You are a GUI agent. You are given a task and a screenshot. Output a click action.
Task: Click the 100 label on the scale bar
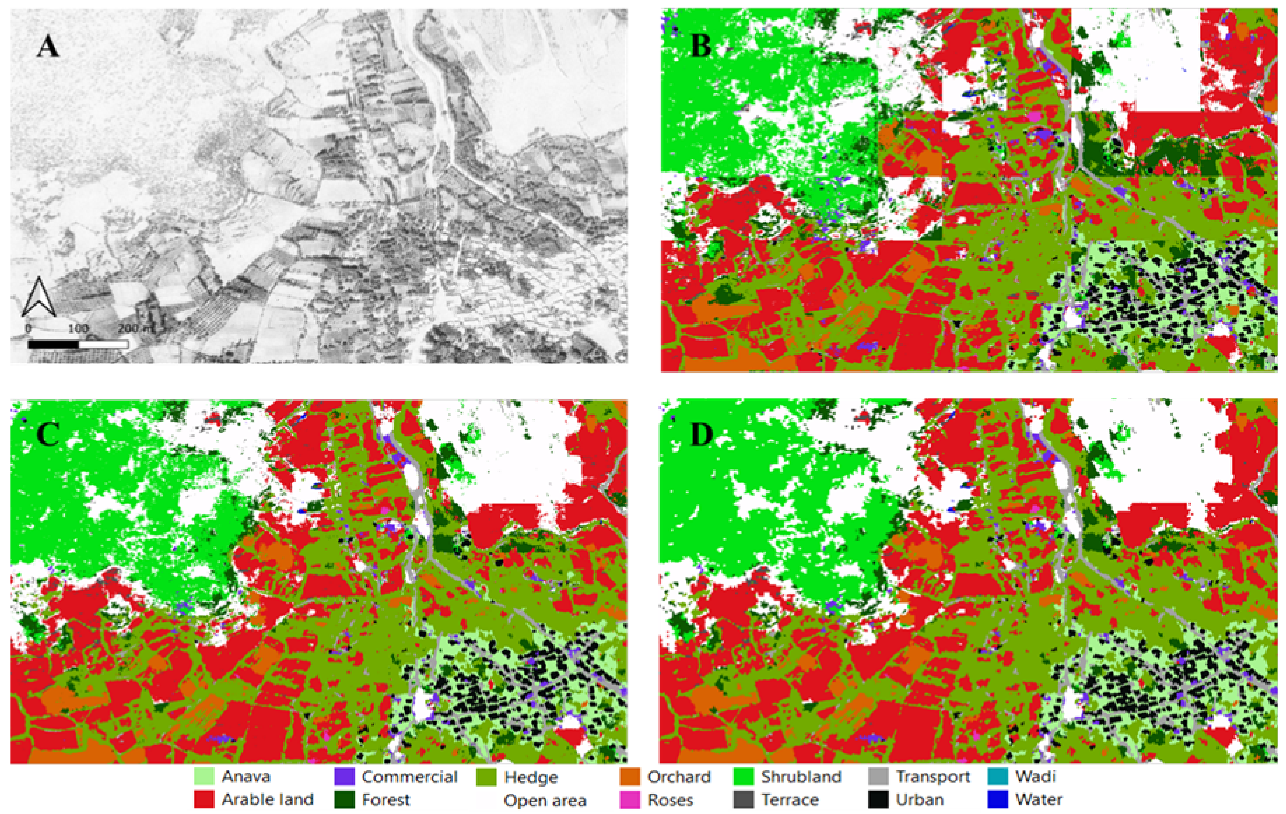pos(78,328)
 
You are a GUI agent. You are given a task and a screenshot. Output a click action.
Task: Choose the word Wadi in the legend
pos(1036,776)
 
